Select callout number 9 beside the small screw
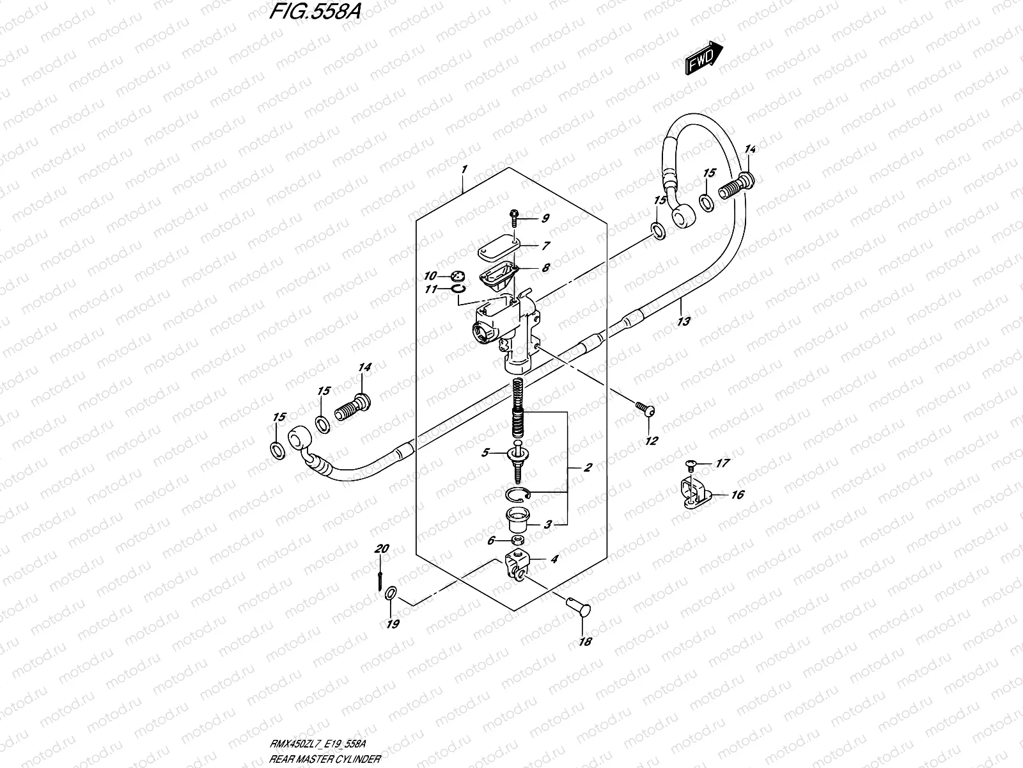point(545,219)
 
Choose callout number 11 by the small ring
point(432,289)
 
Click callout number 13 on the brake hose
point(683,321)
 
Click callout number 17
point(722,463)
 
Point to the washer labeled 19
point(391,596)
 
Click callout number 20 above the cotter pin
point(382,548)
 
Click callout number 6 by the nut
point(491,541)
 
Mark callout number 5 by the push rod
point(485,452)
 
